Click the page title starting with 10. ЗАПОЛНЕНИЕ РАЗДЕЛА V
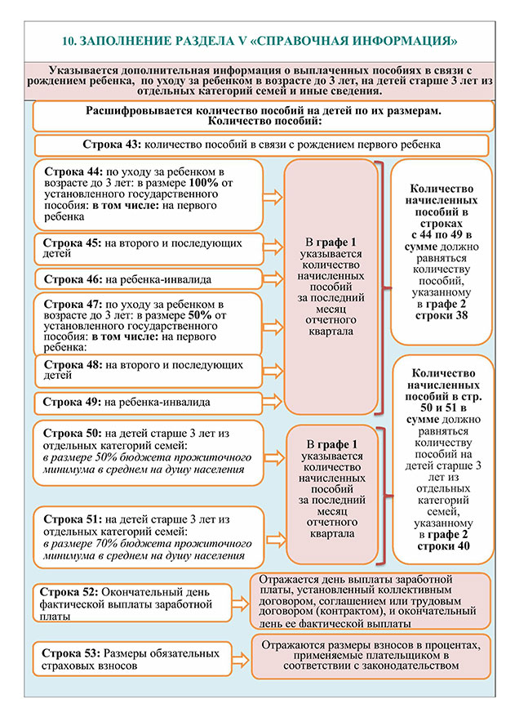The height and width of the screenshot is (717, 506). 260,39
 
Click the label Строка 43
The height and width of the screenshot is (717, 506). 112,144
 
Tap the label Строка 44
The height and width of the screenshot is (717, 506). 72,171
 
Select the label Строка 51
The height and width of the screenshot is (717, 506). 72,519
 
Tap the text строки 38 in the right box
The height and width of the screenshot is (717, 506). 441,316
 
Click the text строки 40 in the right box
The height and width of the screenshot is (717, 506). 441,546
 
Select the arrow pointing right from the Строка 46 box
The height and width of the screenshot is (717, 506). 273,279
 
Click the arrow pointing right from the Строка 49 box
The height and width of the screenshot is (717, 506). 273,402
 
